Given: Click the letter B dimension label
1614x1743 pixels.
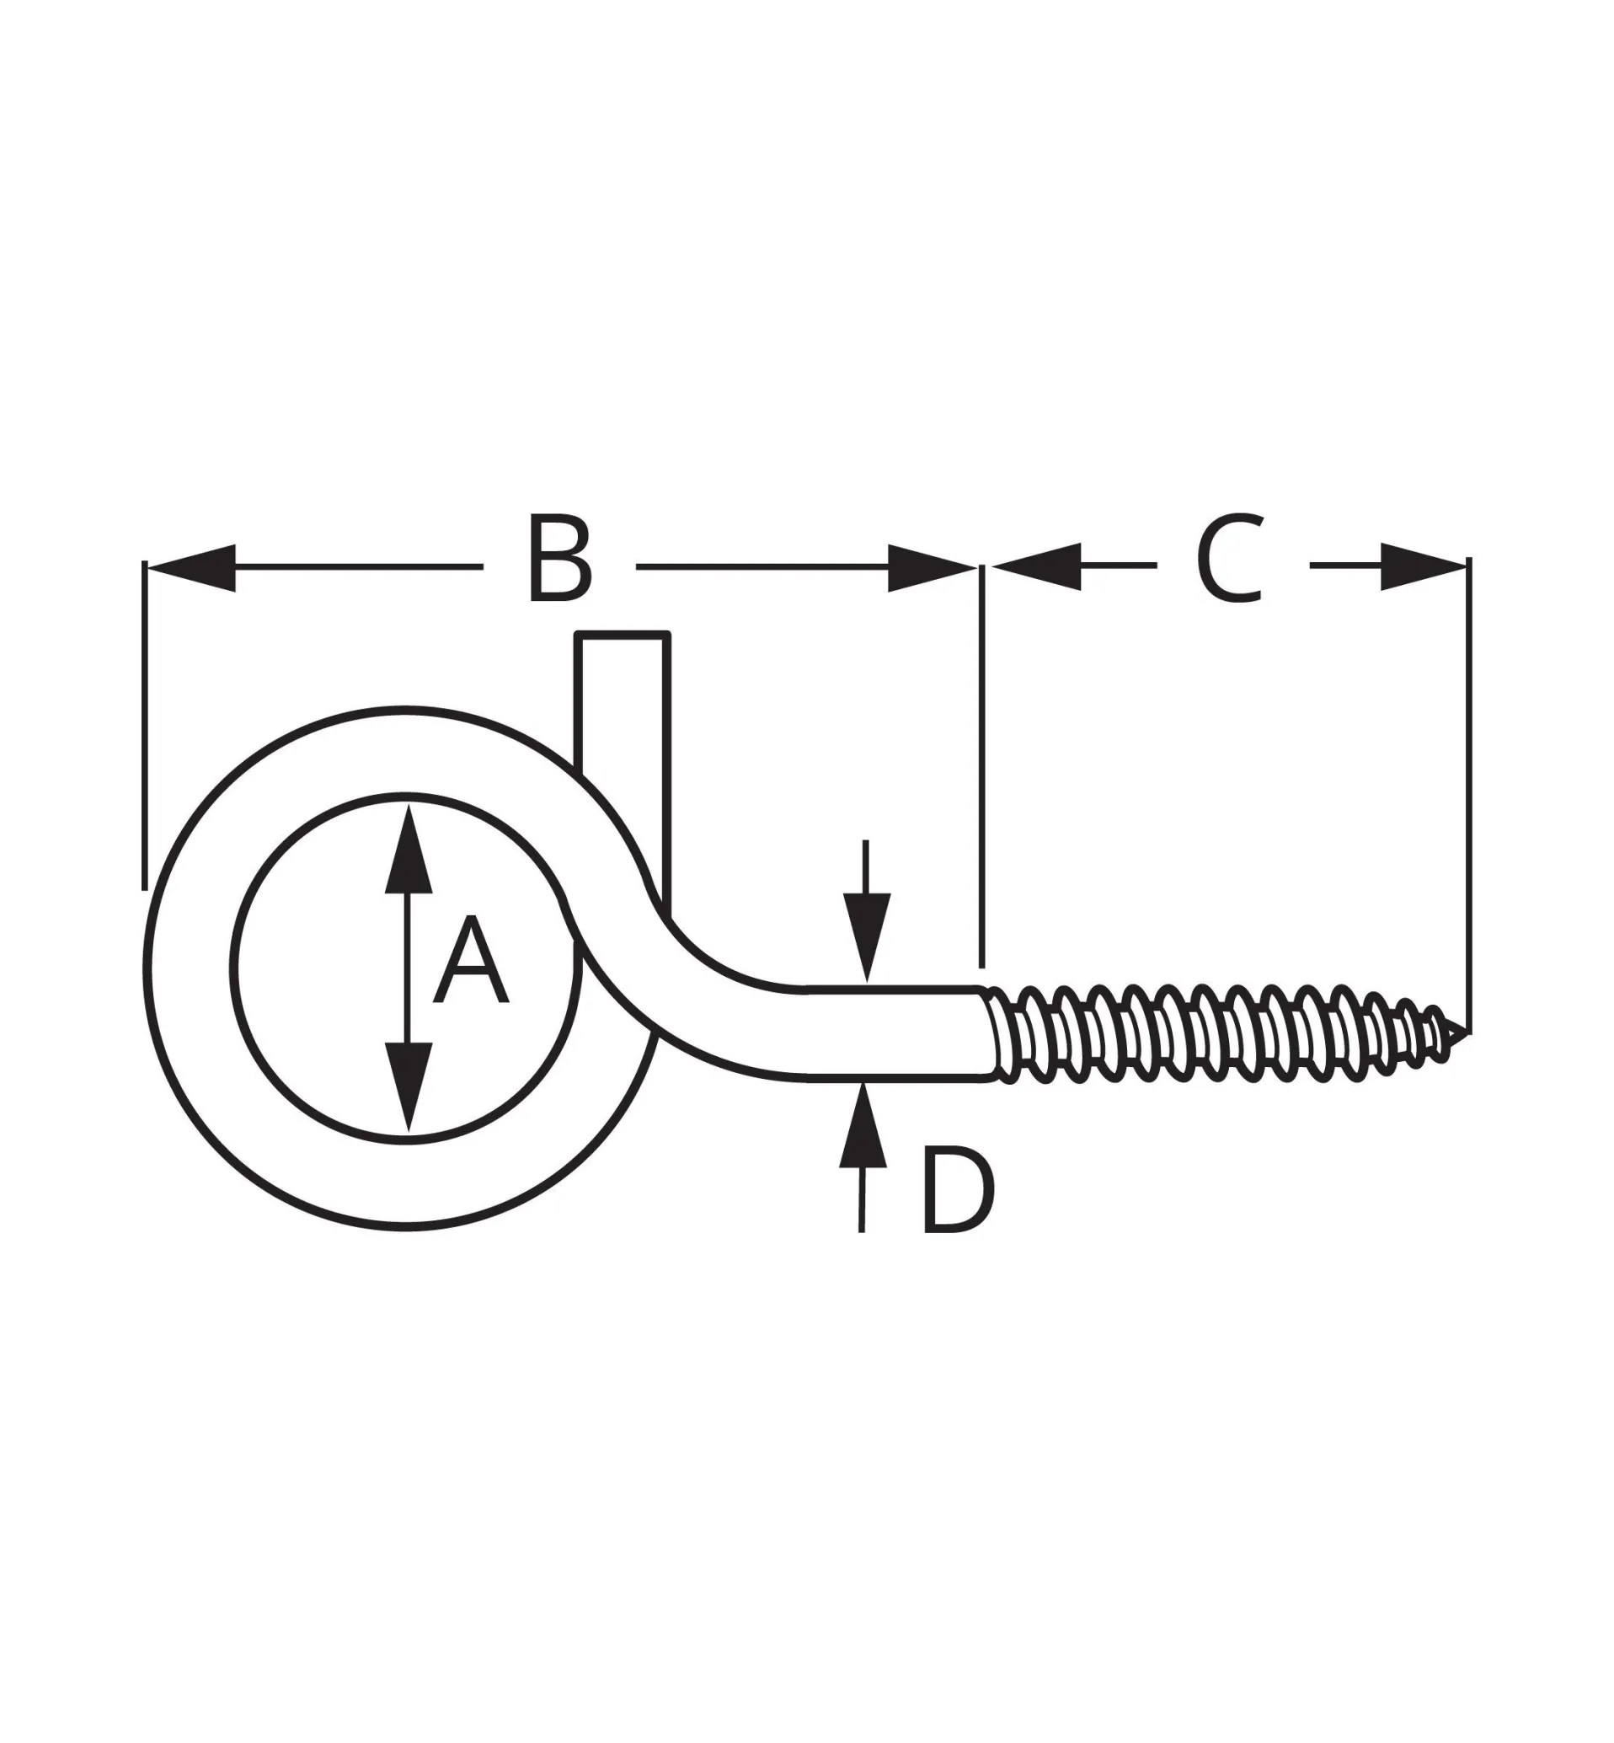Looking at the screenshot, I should pyautogui.click(x=559, y=560).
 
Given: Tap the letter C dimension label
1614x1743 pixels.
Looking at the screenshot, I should pyautogui.click(x=1230, y=560).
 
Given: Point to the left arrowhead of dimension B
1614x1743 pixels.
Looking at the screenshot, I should pyautogui.click(x=192, y=567).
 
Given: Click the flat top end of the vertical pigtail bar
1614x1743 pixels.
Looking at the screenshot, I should pyautogui.click(x=622, y=635).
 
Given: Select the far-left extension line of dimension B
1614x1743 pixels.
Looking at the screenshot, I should pyautogui.click(x=144, y=725).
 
